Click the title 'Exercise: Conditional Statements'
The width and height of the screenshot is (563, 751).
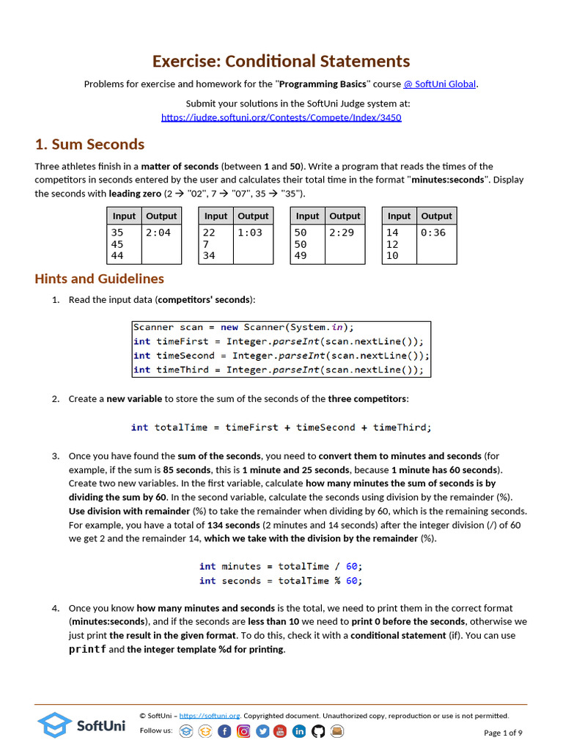(x=281, y=62)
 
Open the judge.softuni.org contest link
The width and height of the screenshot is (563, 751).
(x=281, y=117)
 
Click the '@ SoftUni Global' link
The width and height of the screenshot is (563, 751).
(x=440, y=84)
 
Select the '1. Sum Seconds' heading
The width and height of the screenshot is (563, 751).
(x=89, y=144)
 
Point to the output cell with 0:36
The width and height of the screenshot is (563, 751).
(x=433, y=232)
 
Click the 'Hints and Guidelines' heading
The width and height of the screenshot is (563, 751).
(x=99, y=279)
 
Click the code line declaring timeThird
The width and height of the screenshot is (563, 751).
(x=278, y=370)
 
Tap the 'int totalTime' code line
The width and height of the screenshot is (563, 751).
(x=281, y=427)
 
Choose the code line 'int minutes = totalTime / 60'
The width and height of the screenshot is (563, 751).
(x=281, y=566)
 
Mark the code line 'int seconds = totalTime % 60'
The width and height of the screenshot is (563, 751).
(x=281, y=581)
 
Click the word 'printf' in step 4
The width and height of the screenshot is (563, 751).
(x=87, y=650)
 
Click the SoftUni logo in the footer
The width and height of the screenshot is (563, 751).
(x=81, y=725)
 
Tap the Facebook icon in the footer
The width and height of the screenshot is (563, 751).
(x=224, y=731)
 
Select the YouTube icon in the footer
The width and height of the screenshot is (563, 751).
(x=281, y=731)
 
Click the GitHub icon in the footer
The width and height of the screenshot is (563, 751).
(x=318, y=731)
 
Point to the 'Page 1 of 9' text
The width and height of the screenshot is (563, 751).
(x=503, y=733)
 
